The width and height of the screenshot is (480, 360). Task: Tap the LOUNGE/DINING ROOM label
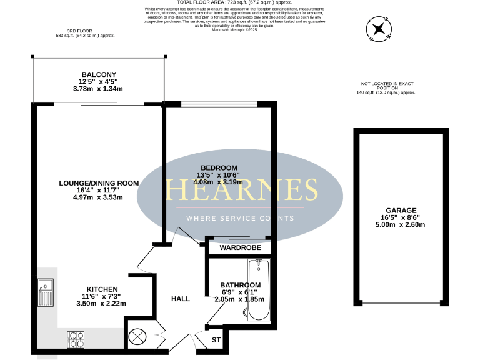pos(98,182)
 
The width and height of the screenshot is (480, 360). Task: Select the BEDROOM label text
pos(219,167)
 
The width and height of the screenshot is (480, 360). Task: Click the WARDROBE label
pos(239,247)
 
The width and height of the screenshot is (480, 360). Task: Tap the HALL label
pos(181,299)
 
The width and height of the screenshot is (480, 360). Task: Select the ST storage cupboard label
pos(217,341)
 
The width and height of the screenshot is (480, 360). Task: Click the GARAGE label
pos(401,211)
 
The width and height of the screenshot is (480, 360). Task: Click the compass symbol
pos(378,28)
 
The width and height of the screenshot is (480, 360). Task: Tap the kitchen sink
pos(46,294)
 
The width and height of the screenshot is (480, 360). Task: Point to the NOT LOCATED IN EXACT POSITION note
pos(387,86)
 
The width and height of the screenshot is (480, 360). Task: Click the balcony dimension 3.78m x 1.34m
pos(99,89)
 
